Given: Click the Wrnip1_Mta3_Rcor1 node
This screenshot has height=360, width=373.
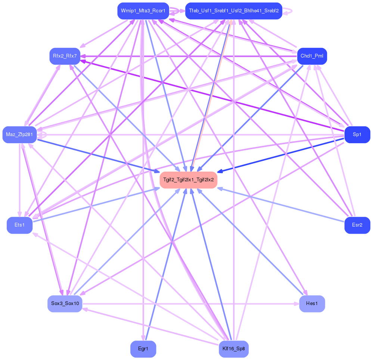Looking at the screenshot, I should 143,11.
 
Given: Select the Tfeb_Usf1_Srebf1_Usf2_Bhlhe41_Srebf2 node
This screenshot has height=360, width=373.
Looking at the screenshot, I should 234,11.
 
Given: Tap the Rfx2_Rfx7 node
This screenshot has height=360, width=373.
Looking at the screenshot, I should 65,56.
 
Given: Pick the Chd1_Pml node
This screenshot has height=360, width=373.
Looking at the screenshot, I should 312,56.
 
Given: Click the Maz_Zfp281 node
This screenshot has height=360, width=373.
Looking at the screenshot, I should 19,135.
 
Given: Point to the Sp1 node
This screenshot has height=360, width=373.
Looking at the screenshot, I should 357,135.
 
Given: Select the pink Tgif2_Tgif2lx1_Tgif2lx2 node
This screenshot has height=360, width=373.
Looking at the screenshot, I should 189,180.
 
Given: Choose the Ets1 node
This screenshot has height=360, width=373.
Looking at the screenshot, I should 19,225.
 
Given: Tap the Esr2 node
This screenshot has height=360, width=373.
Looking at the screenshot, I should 357,225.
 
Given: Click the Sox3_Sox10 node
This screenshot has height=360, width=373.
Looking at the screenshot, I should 65,304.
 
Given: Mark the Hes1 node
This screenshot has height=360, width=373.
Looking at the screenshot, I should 312,304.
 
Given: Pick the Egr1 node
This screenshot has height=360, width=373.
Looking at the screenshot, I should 143,349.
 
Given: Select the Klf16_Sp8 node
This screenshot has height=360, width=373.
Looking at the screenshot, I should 234,349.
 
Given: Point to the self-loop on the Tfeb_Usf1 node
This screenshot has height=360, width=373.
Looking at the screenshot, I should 290,11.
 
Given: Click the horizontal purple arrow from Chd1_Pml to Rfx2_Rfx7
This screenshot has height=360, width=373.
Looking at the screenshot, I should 187,56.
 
